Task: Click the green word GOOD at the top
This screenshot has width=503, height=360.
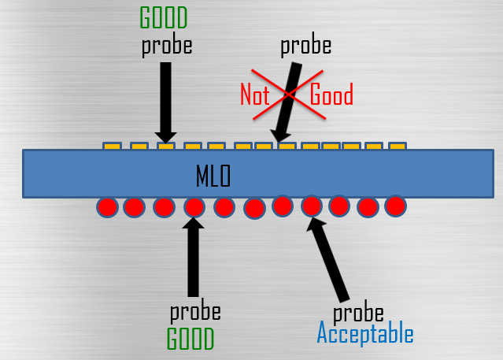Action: coord(165,17)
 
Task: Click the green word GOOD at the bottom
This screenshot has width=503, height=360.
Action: coord(190,339)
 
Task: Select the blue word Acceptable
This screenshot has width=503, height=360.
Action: coord(364,334)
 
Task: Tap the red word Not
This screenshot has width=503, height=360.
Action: coord(254,96)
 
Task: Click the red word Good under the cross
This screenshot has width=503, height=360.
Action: coord(331,96)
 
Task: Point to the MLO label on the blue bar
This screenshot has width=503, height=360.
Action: coord(213,176)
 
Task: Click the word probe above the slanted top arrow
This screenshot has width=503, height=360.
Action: coord(305,45)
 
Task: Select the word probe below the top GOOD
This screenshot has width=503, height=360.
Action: coord(166,45)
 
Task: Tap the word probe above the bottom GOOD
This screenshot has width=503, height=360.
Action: coord(194,311)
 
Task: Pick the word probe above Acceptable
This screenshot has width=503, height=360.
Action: coord(358,311)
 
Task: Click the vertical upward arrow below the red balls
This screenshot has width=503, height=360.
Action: coord(193,260)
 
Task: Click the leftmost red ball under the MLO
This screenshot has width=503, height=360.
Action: coord(107,208)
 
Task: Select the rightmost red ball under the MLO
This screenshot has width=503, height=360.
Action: coord(395,206)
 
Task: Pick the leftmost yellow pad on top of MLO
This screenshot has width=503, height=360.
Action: coord(112,147)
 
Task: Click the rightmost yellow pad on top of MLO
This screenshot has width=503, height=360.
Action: coord(397,147)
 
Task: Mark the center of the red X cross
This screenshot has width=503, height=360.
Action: coord(290,95)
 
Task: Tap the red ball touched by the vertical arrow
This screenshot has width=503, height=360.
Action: coord(194,208)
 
